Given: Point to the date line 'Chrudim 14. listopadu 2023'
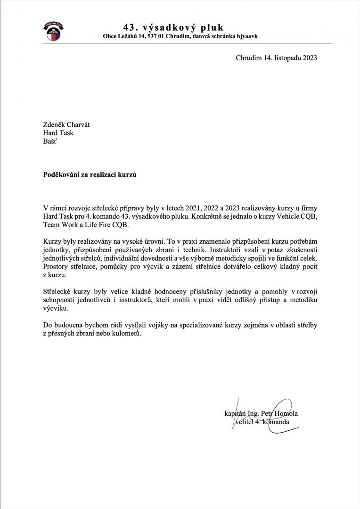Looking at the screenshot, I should [276, 58].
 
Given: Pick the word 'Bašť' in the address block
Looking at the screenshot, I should [50, 141].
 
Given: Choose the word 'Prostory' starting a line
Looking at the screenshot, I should [56, 267].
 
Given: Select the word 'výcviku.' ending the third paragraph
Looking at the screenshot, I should [56, 309].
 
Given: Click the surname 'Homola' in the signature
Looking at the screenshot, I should [286, 414].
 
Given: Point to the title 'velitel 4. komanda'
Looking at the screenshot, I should [262, 422].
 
